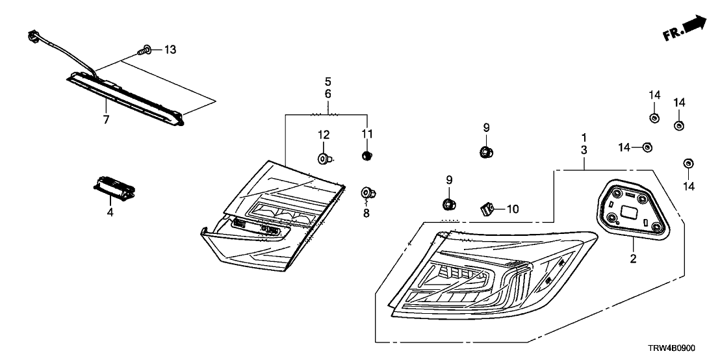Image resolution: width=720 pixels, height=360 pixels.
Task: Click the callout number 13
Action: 170,49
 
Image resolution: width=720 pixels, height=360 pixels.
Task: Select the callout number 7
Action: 106,119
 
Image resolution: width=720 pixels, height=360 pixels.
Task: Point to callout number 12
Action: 324,135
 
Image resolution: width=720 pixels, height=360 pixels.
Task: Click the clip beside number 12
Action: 325,157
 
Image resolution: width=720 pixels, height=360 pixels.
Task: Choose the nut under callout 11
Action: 366,155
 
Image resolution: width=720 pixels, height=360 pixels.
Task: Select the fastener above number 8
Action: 368,192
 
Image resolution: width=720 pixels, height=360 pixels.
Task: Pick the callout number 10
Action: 513,209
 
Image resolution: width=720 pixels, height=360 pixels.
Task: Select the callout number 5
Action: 328,82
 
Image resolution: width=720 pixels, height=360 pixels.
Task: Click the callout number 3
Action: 584,149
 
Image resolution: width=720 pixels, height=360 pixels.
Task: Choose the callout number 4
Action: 110,212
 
